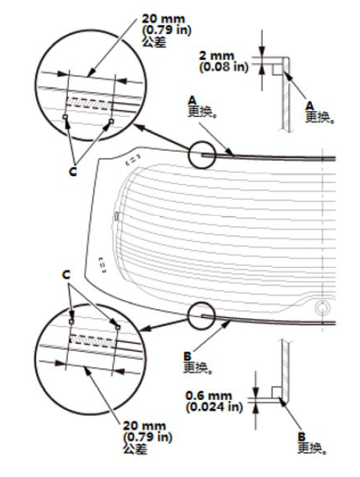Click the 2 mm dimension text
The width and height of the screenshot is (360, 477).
click(x=217, y=56)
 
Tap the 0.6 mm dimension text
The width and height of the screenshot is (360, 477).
click(x=208, y=396)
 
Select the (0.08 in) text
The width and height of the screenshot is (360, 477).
click(x=224, y=67)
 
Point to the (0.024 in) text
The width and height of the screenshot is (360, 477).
click(x=214, y=407)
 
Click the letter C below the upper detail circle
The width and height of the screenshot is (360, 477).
click(x=73, y=172)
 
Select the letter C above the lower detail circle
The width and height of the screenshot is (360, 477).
click(x=66, y=274)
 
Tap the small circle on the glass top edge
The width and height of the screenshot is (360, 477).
click(x=202, y=155)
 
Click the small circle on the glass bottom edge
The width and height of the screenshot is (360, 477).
click(x=202, y=316)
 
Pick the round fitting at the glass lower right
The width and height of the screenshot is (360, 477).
click(x=322, y=308)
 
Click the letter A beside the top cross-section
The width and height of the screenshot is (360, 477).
click(x=310, y=106)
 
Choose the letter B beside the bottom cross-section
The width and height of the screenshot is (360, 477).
click(x=302, y=437)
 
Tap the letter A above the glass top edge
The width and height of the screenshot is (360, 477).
click(x=192, y=100)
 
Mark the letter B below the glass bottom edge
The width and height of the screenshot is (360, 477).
click(x=188, y=356)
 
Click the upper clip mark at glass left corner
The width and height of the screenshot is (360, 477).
click(x=133, y=159)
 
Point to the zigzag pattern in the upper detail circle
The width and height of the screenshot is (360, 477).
click(x=89, y=103)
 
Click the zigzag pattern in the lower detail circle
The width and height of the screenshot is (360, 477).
click(x=92, y=340)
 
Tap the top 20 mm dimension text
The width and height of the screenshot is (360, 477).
click(x=163, y=19)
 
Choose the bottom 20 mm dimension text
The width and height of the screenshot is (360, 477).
click(x=144, y=425)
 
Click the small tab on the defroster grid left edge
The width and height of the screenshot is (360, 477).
click(x=116, y=216)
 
